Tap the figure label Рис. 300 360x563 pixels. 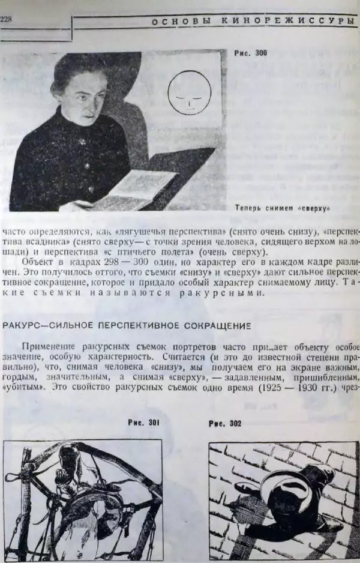(x=250, y=53)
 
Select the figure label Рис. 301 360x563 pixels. (x=143, y=423)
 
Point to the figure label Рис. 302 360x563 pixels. (x=225, y=423)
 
